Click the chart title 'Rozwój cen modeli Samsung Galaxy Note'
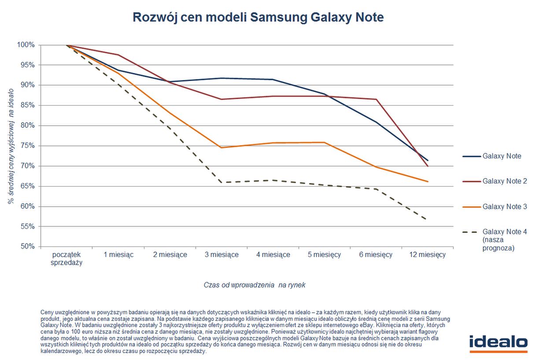coord(258,17)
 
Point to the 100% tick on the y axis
coord(26,45)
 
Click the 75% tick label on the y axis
coord(27,146)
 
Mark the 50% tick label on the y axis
coord(27,246)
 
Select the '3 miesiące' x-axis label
coord(221,255)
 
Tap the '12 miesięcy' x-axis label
coord(427,255)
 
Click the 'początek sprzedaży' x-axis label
coord(66,259)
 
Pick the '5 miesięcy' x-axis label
coord(325,255)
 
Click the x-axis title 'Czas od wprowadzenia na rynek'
coord(255,285)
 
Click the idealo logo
coord(498,343)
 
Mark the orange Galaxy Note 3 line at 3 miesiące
coord(221,147)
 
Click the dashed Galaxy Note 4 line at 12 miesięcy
coord(427,220)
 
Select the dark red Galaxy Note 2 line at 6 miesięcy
coord(376,99)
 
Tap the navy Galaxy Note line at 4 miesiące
coord(273,80)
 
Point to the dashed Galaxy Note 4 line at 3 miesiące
coord(221,182)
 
